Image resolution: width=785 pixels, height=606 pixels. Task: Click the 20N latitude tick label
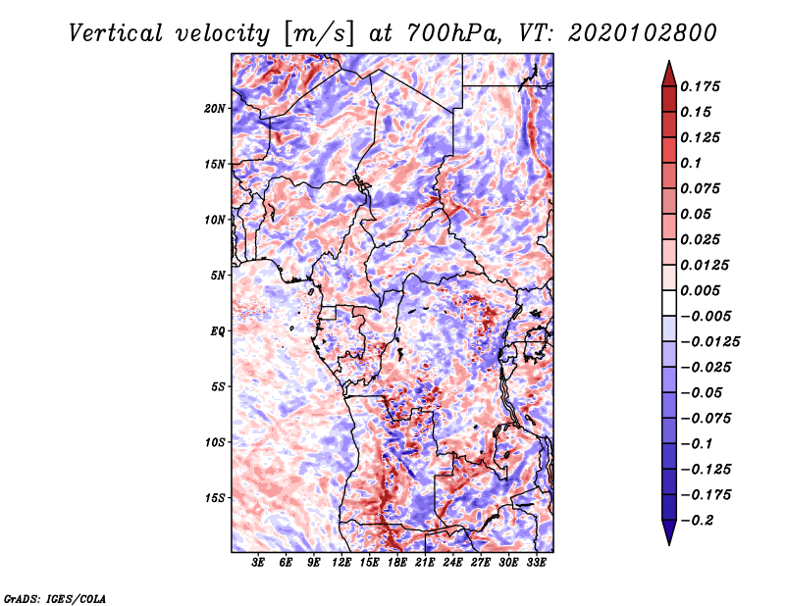click(215, 108)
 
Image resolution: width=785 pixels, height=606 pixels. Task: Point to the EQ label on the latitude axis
click(218, 330)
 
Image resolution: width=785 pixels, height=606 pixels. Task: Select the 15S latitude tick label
click(215, 497)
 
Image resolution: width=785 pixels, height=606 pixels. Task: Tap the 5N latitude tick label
click(218, 275)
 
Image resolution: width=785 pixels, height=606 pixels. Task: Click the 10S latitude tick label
click(215, 441)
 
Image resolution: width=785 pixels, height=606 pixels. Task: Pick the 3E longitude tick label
click(259, 563)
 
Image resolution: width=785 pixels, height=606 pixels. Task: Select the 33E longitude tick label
click(537, 563)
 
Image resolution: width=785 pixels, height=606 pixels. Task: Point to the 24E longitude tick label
click(453, 563)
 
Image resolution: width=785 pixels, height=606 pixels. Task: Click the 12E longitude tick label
click(342, 563)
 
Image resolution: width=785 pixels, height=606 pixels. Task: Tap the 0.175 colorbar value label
click(701, 86)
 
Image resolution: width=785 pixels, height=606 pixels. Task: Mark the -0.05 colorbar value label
click(701, 392)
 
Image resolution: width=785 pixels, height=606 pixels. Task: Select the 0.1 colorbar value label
click(691, 163)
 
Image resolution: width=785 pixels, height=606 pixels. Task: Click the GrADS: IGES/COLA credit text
click(54, 596)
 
